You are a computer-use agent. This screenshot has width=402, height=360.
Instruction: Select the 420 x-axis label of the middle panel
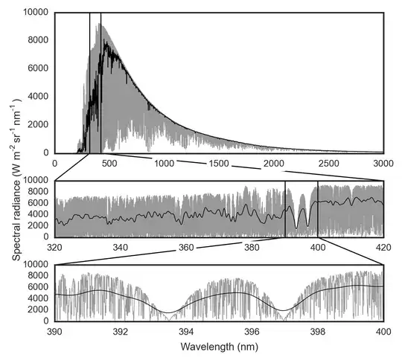pyautogui.click(x=383, y=247)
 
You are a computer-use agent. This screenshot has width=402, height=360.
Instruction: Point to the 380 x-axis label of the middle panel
pyautogui.click(x=252, y=247)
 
